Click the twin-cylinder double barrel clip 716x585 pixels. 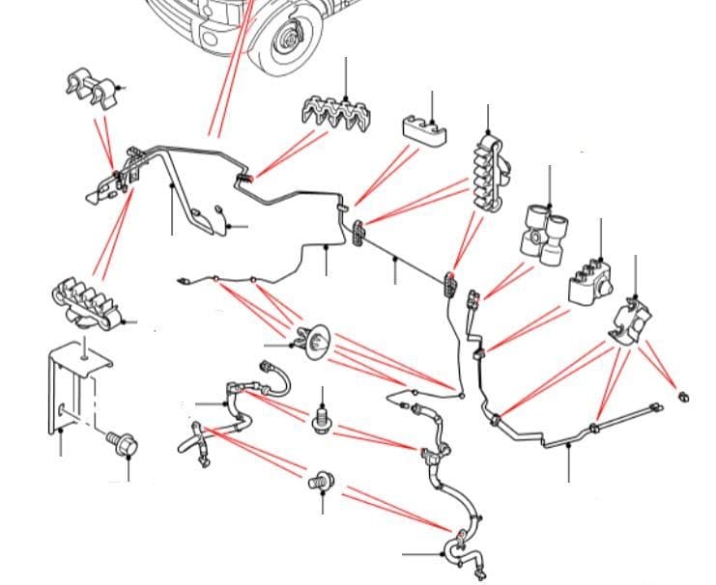pos(545,233)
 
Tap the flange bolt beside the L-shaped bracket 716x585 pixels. pos(123,445)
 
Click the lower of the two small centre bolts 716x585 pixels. pos(322,479)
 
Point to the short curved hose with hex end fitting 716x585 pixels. pos(274,378)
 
